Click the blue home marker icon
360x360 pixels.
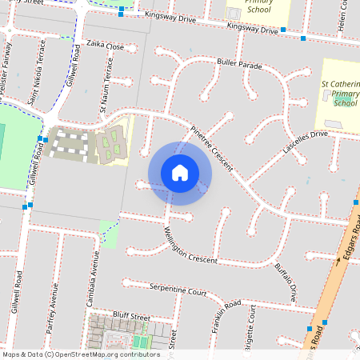pyautogui.click(x=180, y=173)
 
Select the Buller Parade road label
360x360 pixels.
pyautogui.click(x=239, y=63)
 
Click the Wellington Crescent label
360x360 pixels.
pyautogui.click(x=191, y=248)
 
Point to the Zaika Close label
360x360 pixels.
pyautogui.click(x=106, y=46)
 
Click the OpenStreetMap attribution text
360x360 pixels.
pyautogui.click(x=80, y=354)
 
